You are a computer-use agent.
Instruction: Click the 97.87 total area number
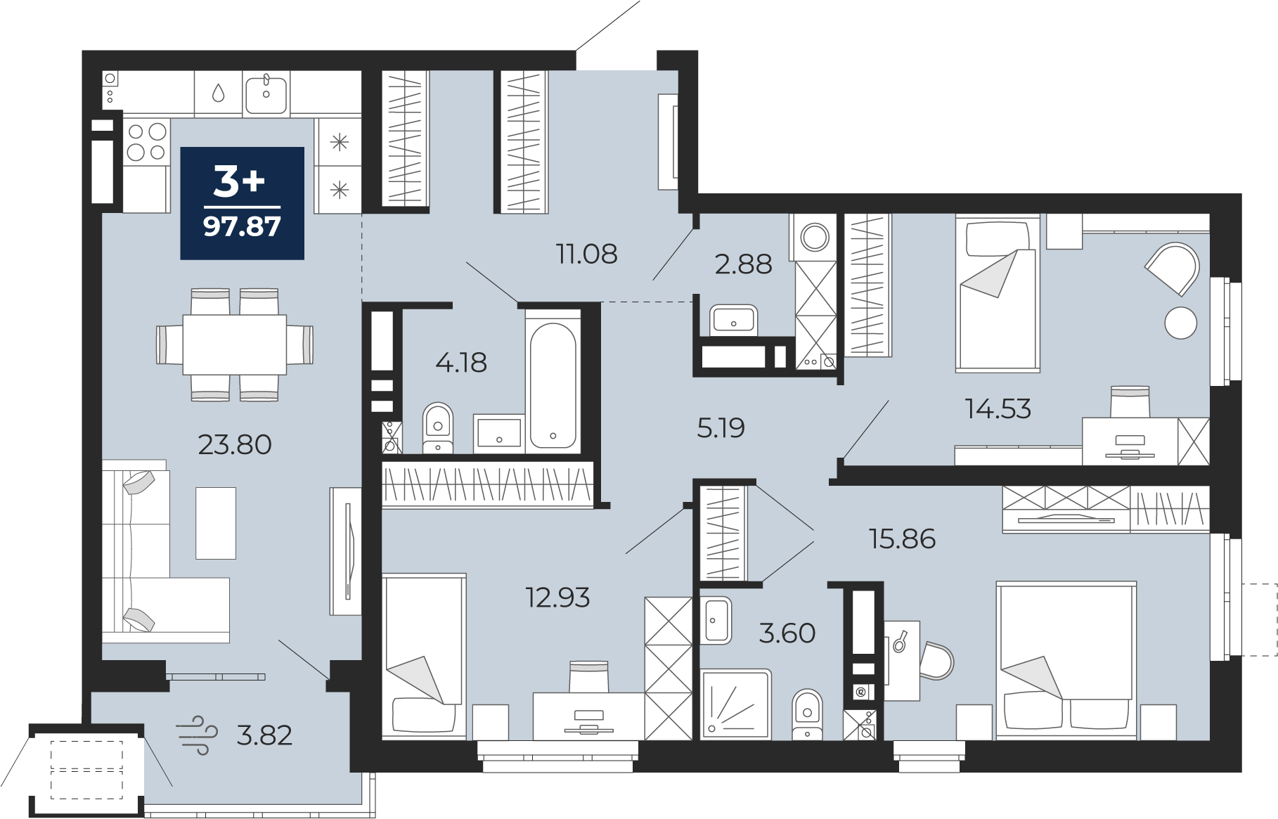coord(242,226)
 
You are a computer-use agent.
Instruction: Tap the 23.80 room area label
coord(235,444)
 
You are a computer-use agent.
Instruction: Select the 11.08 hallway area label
coord(587,254)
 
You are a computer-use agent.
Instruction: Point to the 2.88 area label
coord(743,264)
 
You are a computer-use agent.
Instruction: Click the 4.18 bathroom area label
coord(461,363)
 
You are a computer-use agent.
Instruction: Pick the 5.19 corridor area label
coord(721,427)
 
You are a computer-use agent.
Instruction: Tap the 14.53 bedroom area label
coord(998,408)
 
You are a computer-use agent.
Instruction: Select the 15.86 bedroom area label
coord(903,539)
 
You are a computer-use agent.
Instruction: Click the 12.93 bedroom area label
coord(557,598)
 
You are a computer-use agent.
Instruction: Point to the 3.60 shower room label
coord(787,633)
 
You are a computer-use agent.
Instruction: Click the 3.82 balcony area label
coord(264,735)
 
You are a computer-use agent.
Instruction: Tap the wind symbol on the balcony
coord(196,735)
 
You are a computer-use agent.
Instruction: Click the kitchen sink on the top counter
coord(266,94)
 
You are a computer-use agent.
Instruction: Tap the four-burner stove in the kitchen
coord(146,141)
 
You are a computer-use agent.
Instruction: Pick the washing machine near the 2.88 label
coord(815,237)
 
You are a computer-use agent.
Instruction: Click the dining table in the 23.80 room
coord(235,344)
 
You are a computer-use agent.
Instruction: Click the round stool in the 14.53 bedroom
coord(1180,323)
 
